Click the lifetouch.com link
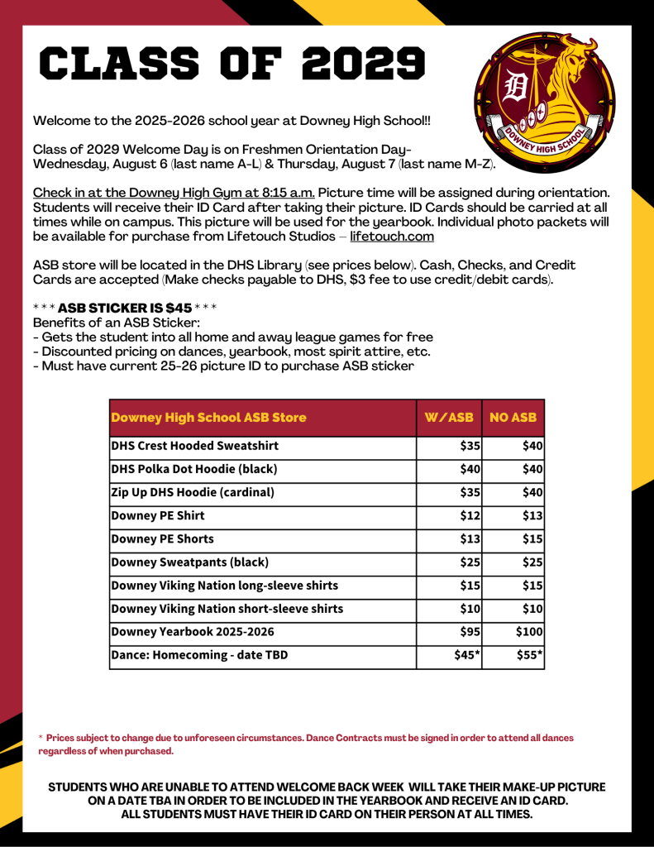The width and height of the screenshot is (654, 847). tap(392, 237)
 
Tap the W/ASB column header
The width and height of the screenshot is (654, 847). tap(449, 418)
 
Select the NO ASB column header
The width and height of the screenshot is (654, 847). tap(513, 418)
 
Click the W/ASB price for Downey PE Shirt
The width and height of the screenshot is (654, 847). tap(470, 516)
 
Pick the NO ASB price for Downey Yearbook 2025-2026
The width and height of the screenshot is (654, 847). tap(528, 633)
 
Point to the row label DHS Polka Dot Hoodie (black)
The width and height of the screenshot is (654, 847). tap(194, 470)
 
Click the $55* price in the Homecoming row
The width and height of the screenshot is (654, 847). tap(528, 656)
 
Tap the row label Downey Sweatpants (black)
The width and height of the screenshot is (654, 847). tap(190, 562)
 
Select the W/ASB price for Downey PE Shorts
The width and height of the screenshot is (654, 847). tap(470, 539)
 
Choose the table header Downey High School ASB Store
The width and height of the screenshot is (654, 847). tap(208, 418)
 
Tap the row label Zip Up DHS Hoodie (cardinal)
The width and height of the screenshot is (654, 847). tap(193, 493)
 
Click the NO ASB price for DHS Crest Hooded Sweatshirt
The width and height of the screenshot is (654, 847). tap(532, 447)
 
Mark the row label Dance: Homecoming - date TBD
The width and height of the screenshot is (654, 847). tap(199, 656)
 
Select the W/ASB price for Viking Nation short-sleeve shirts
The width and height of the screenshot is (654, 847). tap(470, 610)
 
